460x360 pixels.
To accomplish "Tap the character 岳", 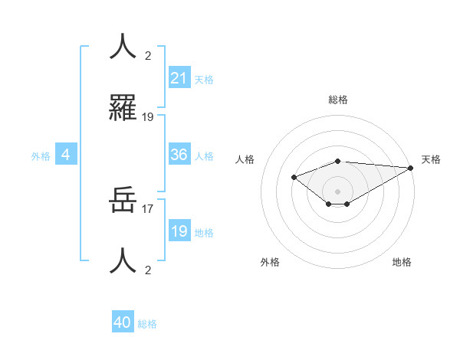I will point(123,201).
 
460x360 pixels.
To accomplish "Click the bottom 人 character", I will point(123,261).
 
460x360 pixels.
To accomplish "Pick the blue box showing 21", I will point(179,77).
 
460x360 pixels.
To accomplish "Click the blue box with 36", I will point(179,155).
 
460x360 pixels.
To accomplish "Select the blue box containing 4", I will point(66,155).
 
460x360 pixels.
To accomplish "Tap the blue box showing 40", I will point(123,322).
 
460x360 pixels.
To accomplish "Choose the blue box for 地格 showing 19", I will point(179,231).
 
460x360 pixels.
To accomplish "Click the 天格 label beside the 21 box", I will point(204,79).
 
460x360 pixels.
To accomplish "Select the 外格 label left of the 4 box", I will point(41,155).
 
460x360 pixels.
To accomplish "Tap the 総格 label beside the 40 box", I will point(147,324).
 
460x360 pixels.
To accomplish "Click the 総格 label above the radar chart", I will point(337,100).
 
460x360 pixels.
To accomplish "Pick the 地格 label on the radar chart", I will point(402,262).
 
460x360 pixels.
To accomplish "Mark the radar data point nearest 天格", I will point(411,168).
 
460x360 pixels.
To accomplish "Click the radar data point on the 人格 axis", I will point(294,177).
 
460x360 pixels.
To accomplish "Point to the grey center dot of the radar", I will point(337,191).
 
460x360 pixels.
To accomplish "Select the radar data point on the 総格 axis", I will point(337,161).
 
